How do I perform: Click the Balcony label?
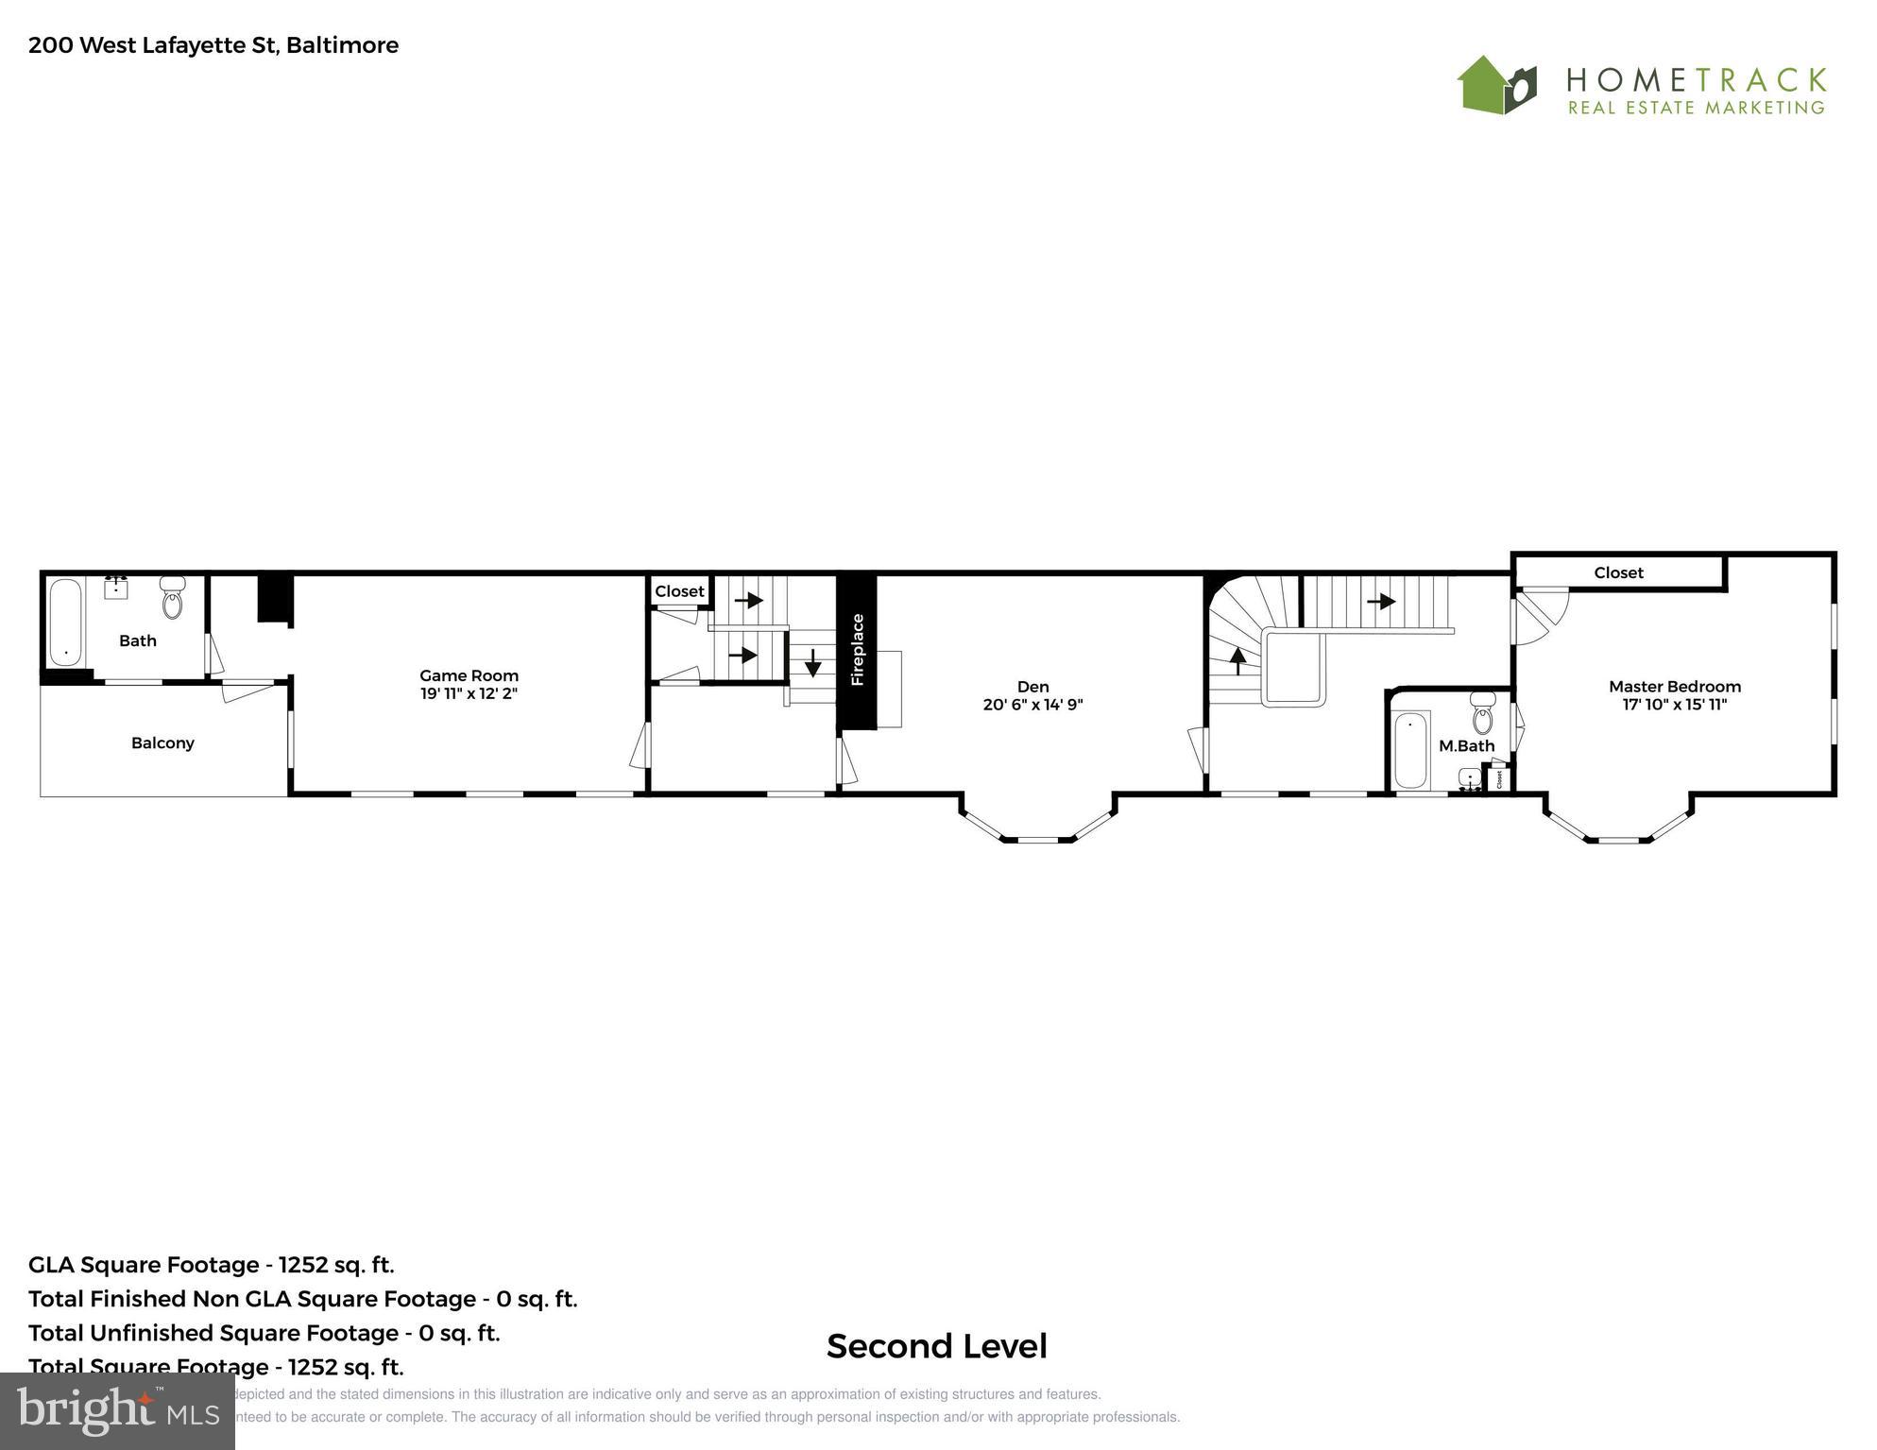point(162,742)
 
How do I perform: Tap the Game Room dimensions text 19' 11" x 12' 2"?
point(469,693)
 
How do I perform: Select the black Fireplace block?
point(857,651)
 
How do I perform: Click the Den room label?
point(1032,687)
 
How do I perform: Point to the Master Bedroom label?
point(1674,687)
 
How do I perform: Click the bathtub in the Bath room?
point(65,622)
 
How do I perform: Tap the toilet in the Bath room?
point(173,599)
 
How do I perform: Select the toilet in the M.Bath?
point(1482,714)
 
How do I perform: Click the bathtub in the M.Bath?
point(1410,750)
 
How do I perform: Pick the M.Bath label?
point(1466,745)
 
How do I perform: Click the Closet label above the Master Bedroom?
point(1618,572)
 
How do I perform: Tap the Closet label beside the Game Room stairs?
point(679,591)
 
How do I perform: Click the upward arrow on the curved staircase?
point(1237,659)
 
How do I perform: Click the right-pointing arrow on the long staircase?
point(1381,601)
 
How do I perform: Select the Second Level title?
point(936,1346)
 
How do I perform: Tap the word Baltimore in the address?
point(342,45)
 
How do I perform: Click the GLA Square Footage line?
point(212,1265)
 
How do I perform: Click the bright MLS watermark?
point(117,1411)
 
